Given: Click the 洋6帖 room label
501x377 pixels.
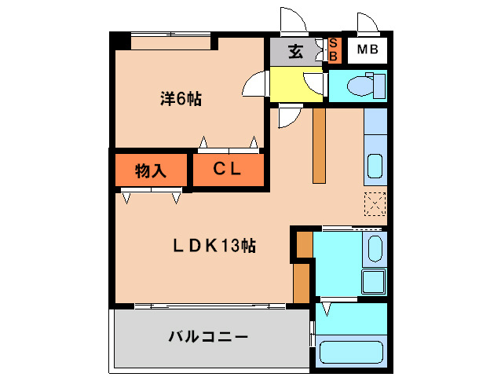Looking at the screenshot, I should [x=181, y=100].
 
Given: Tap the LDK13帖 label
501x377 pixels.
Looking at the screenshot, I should [x=214, y=246].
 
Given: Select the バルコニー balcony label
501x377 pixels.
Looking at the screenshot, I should [x=207, y=338].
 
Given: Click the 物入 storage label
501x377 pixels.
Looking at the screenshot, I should [x=150, y=170].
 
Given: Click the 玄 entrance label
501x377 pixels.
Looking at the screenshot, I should [x=295, y=52].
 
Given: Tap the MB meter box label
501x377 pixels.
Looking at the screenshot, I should [x=367, y=52].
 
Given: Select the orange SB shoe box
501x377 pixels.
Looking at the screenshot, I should [x=332, y=51].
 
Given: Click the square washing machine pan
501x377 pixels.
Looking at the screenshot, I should [x=371, y=280].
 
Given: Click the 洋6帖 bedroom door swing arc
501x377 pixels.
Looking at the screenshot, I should [x=255, y=85].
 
